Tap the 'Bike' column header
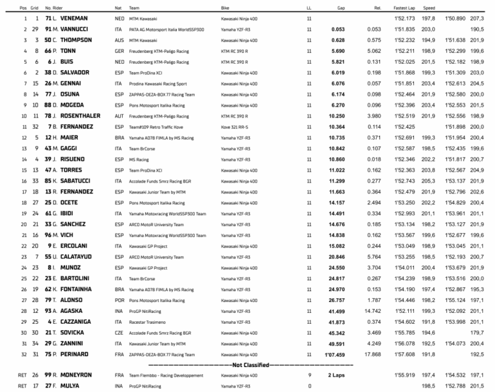pos(228,7)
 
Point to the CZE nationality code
pos(119,332)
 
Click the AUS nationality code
pos(119,40)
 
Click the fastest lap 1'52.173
pos(403,19)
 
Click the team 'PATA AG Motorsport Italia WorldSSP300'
pos(165,30)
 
